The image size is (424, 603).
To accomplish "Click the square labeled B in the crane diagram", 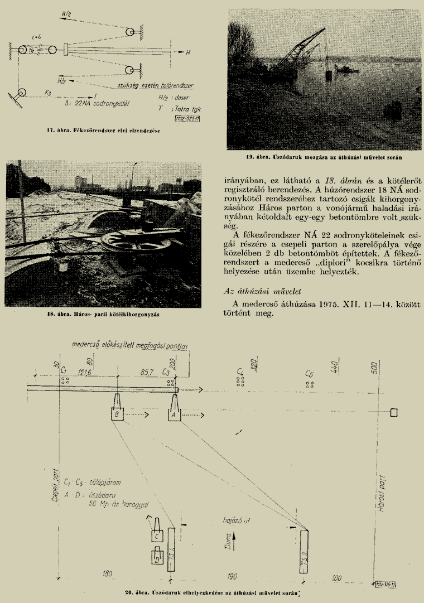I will (x=117, y=415).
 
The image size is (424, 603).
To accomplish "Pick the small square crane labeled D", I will (x=157, y=556).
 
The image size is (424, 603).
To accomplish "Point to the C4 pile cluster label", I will (x=240, y=371).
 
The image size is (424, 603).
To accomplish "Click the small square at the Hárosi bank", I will (x=393, y=413).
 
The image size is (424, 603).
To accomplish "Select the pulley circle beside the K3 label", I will (x=22, y=93).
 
